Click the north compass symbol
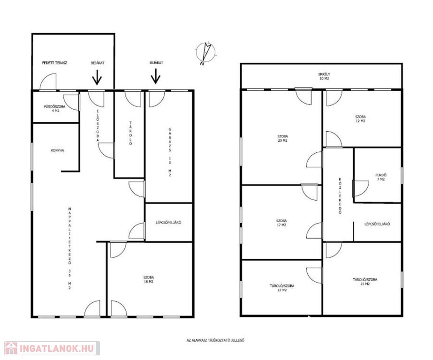[205, 53]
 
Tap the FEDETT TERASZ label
[54, 63]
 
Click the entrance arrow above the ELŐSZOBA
[97, 77]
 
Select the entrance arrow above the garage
[156, 76]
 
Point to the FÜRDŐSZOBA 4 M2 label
[54, 108]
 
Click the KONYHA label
[57, 150]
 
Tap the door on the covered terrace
[48, 82]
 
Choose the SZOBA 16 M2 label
[149, 279]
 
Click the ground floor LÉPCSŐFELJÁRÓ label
[168, 223]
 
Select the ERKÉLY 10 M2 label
[324, 76]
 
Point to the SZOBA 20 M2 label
[282, 138]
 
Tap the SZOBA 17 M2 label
[281, 223]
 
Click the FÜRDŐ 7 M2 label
[381, 177]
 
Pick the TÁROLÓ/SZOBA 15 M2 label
[365, 282]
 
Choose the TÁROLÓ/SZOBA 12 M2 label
[282, 288]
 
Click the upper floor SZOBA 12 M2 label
[360, 119]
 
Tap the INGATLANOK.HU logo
[52, 348]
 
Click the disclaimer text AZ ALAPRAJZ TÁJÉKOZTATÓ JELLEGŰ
[216, 340]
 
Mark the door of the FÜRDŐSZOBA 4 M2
[71, 103]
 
